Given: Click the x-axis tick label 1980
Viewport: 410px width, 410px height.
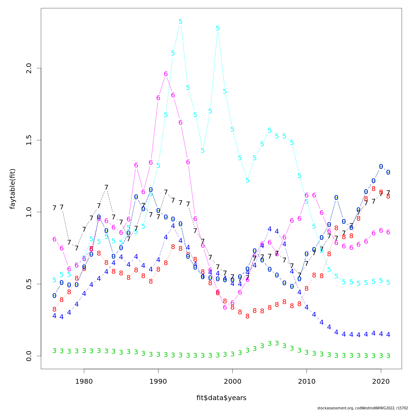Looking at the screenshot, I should [84, 381].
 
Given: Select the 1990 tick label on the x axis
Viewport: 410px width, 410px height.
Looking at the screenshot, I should [158, 381].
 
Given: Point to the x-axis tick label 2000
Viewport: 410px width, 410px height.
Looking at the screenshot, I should [232, 381].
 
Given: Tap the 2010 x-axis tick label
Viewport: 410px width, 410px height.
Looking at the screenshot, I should [306, 381].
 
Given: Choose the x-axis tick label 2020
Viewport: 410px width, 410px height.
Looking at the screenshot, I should [381, 381].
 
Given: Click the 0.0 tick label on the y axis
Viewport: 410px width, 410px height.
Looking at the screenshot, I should [29, 356].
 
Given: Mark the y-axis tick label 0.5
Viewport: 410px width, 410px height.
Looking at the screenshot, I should [29, 284].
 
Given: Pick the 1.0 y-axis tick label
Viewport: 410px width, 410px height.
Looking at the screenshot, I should [29, 212].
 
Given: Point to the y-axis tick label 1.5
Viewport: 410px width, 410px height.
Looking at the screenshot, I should [29, 140].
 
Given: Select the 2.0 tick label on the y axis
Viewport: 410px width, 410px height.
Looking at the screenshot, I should [29, 68].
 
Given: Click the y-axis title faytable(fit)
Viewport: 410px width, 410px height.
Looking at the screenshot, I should [13, 189].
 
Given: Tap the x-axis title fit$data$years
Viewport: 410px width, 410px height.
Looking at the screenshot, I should [221, 398].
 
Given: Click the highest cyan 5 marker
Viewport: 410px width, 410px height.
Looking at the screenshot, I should [180, 22].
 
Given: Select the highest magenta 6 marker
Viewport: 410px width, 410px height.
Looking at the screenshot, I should [166, 74].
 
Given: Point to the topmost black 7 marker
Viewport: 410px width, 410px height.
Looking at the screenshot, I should [106, 188].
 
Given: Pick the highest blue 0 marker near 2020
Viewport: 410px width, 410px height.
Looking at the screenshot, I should [381, 167].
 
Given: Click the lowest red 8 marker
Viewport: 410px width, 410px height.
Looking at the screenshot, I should [247, 316].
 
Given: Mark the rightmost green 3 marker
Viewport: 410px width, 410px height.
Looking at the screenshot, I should [388, 356].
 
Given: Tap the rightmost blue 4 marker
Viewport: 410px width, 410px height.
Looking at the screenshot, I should [388, 334].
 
